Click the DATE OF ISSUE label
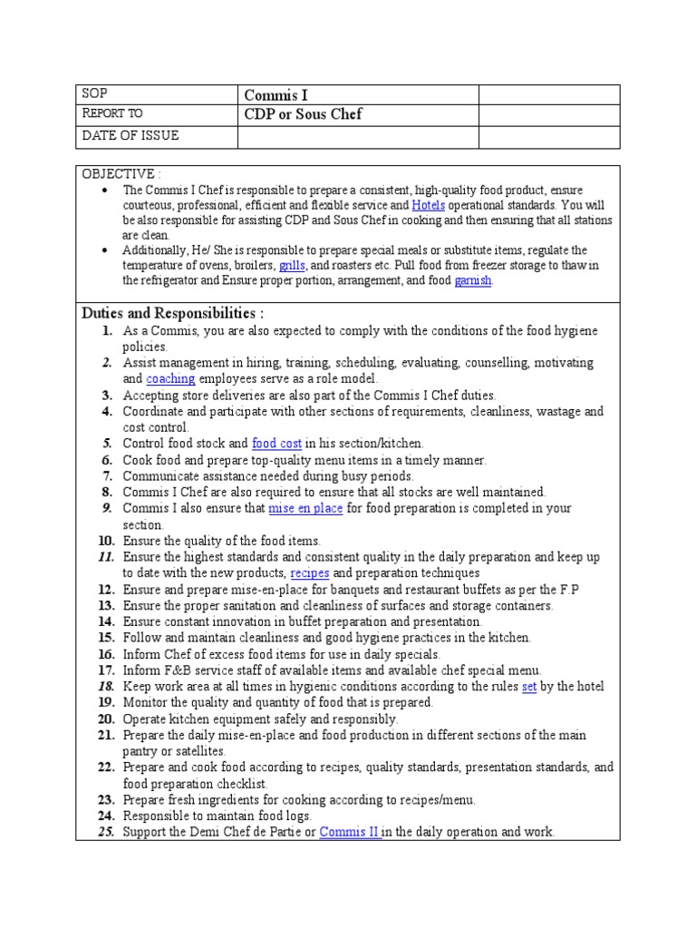coord(130,135)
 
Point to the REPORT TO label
coord(112,114)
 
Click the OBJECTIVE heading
coord(119,173)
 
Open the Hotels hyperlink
coord(428,206)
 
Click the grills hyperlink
coord(292,265)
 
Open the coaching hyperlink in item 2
coord(170,379)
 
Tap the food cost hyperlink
coord(276,444)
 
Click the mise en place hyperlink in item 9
coord(305,509)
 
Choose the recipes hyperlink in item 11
coord(310,574)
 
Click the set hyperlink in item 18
coord(529,687)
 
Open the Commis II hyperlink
coord(351,832)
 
